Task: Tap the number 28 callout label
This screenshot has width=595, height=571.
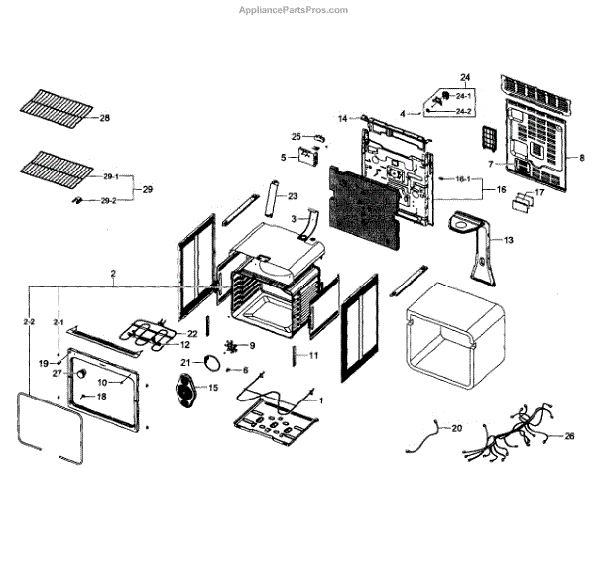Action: [x=105, y=118]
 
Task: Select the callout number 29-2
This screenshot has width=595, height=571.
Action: [x=108, y=201]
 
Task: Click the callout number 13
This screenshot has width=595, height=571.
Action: [x=509, y=240]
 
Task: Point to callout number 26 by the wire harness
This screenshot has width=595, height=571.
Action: [x=569, y=436]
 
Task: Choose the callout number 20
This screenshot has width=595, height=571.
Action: [x=457, y=428]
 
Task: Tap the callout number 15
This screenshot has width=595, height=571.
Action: [x=213, y=386]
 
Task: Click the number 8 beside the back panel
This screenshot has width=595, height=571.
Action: [x=582, y=158]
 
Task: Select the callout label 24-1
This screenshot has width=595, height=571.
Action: [x=463, y=95]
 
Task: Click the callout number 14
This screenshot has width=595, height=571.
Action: [x=342, y=119]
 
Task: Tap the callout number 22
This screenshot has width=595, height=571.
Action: [x=192, y=333]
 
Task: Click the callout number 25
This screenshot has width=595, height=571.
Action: [x=296, y=136]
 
